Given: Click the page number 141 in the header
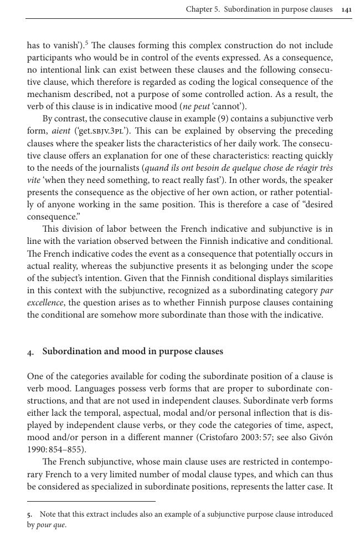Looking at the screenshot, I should (x=347, y=9).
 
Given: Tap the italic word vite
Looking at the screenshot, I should (x=34, y=180).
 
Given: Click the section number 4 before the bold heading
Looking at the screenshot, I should (x=29, y=352).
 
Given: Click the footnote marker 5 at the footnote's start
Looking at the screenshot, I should (x=29, y=515).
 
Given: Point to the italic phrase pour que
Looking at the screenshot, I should (x=51, y=525).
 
